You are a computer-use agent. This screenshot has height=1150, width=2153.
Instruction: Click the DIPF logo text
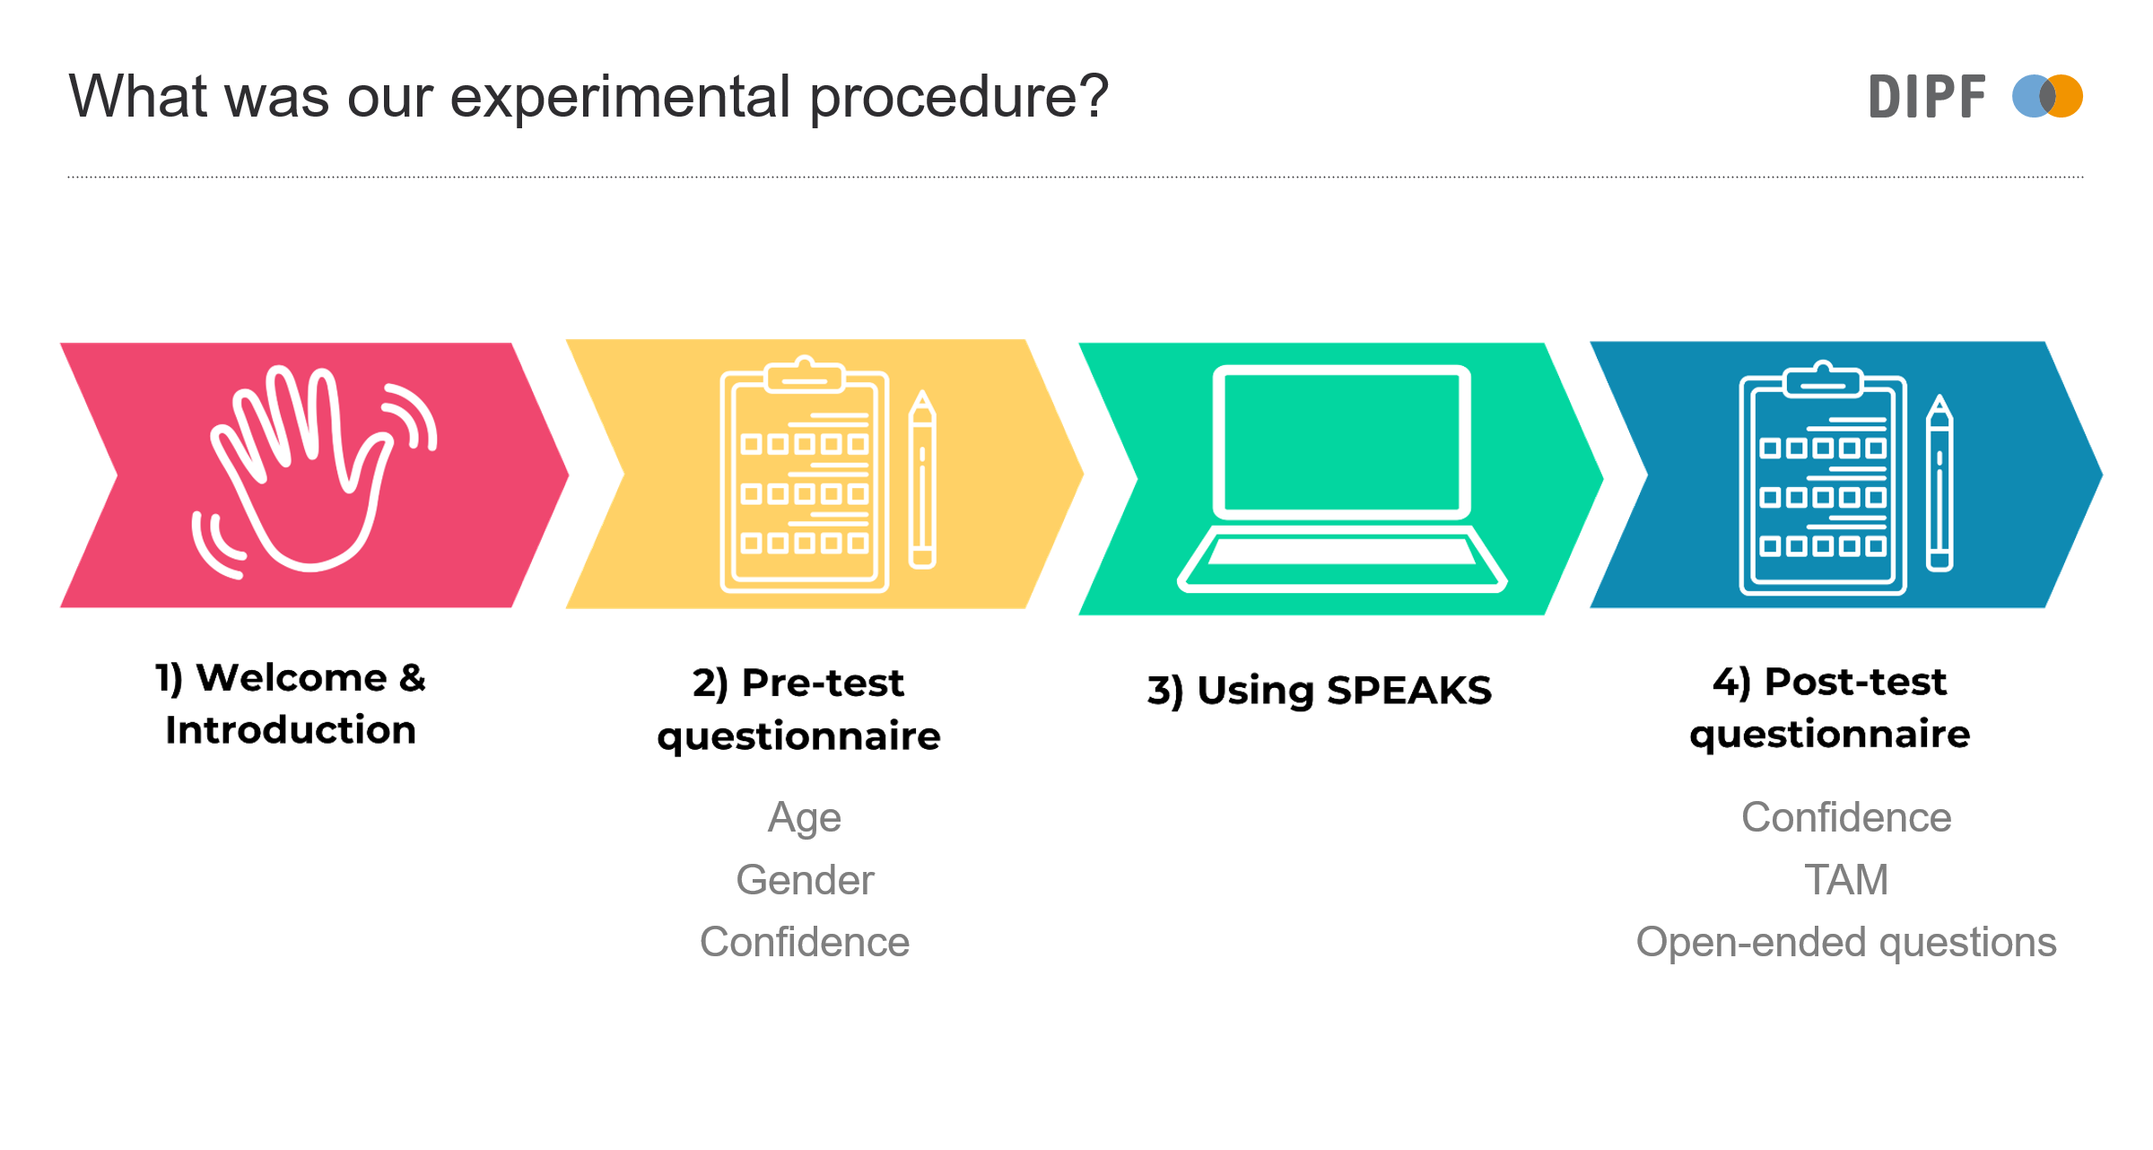[1926, 97]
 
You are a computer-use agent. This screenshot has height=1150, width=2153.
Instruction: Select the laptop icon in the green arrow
[1341, 478]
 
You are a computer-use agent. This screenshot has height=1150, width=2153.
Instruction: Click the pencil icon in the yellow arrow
[922, 480]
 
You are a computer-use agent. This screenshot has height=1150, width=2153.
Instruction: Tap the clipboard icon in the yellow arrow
[805, 475]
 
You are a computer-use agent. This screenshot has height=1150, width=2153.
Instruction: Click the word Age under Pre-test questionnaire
[805, 817]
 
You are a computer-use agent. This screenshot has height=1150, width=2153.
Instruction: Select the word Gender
[805, 880]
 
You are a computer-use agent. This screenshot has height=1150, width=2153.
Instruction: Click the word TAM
[1846, 880]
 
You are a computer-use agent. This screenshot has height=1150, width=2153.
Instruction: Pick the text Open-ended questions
[1846, 943]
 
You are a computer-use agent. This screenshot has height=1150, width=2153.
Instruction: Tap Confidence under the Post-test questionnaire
[1846, 817]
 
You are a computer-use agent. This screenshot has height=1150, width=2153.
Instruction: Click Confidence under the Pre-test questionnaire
[805, 943]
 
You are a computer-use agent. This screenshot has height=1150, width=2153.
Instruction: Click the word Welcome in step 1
[292, 677]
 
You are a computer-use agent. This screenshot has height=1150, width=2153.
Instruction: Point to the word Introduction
[291, 730]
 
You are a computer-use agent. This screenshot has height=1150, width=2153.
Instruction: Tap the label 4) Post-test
[1829, 682]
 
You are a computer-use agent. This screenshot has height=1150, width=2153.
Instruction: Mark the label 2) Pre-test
[798, 684]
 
